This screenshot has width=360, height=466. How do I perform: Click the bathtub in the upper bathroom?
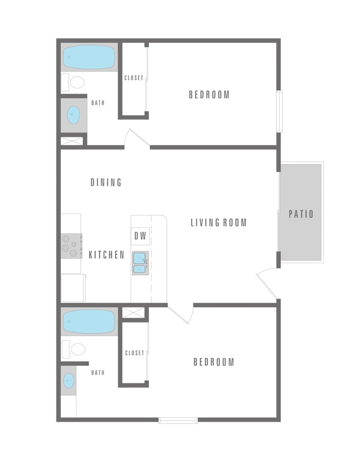click(89, 57)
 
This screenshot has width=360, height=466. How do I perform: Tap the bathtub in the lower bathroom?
click(89, 321)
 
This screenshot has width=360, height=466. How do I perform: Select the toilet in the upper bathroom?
click(74, 83)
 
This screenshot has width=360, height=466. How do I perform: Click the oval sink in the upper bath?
click(74, 115)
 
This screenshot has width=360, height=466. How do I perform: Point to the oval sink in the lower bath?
click(69, 381)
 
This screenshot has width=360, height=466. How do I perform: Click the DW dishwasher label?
click(141, 235)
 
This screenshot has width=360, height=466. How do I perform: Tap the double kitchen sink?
click(140, 263)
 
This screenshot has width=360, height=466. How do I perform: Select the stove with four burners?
click(70, 246)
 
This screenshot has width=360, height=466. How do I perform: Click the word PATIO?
click(301, 214)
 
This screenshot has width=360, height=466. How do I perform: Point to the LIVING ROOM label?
click(219, 223)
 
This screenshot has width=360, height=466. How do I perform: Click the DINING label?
click(106, 182)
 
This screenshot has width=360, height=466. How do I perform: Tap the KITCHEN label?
click(106, 255)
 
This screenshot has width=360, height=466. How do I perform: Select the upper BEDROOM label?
click(209, 95)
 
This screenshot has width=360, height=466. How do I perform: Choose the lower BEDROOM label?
click(214, 362)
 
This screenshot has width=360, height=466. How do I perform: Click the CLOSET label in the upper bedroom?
click(134, 78)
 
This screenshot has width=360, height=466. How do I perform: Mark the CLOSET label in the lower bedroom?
click(135, 353)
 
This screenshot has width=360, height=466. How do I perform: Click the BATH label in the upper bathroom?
click(98, 103)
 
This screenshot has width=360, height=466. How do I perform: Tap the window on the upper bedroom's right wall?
click(280, 111)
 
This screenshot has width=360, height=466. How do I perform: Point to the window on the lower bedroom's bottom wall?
click(178, 421)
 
